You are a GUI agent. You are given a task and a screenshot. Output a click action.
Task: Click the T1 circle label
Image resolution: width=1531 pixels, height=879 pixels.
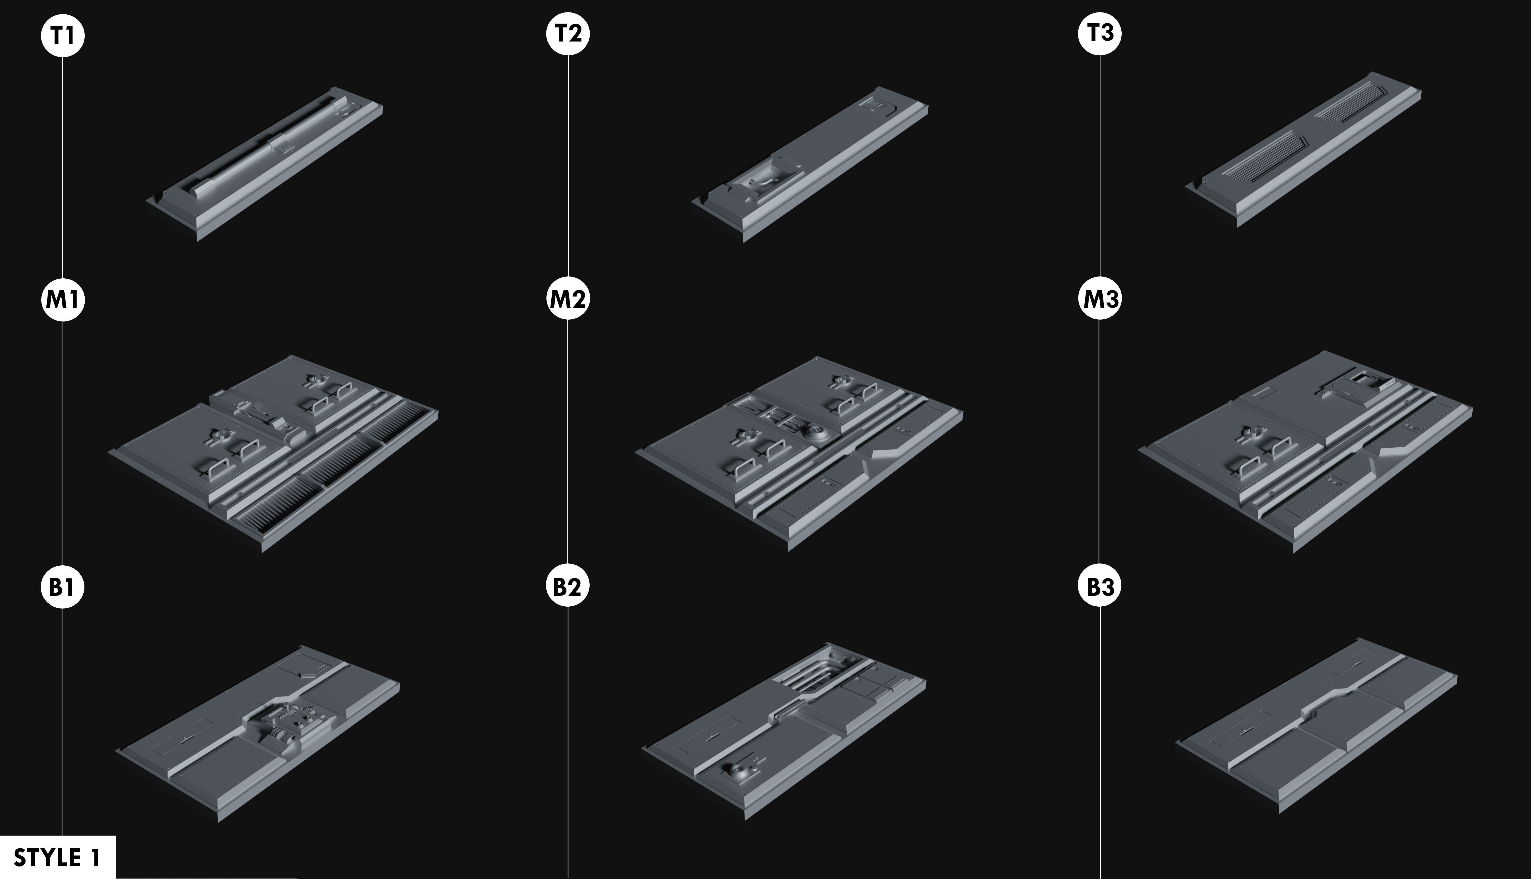[63, 36]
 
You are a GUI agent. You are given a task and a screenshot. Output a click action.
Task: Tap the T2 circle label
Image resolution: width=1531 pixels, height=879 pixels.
[568, 33]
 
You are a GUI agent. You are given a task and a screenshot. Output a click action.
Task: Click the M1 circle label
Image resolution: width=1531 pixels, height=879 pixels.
[63, 300]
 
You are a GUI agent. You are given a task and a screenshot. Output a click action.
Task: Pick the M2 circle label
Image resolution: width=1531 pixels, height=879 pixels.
[568, 299]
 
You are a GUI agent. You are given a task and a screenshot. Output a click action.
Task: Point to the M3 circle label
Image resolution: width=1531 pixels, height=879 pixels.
[1100, 299]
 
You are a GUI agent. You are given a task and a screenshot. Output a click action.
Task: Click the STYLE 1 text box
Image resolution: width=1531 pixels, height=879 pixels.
[57, 857]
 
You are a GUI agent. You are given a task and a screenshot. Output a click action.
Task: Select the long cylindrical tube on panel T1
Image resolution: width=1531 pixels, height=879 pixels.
[266, 145]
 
